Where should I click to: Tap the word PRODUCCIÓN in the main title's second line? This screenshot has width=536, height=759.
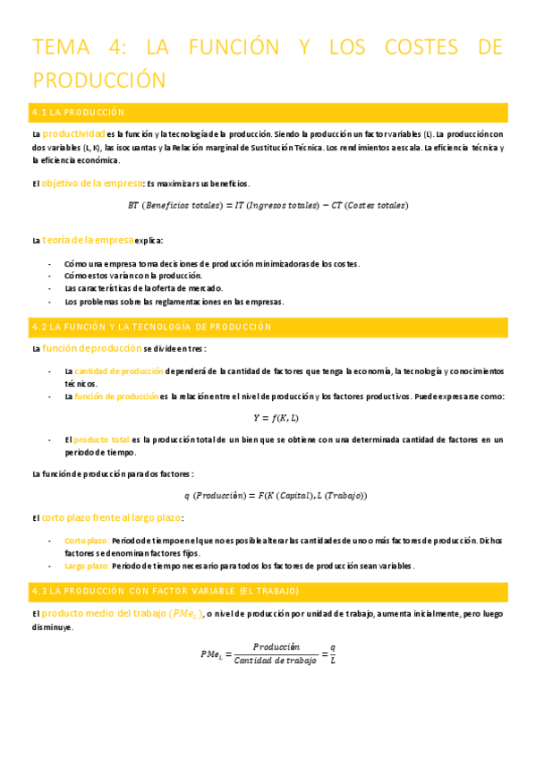tap(99, 80)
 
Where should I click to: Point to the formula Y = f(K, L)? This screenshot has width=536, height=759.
tap(277, 417)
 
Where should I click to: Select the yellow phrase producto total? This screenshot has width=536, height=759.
tap(102, 439)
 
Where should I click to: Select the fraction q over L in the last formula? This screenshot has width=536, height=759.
tap(333, 653)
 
